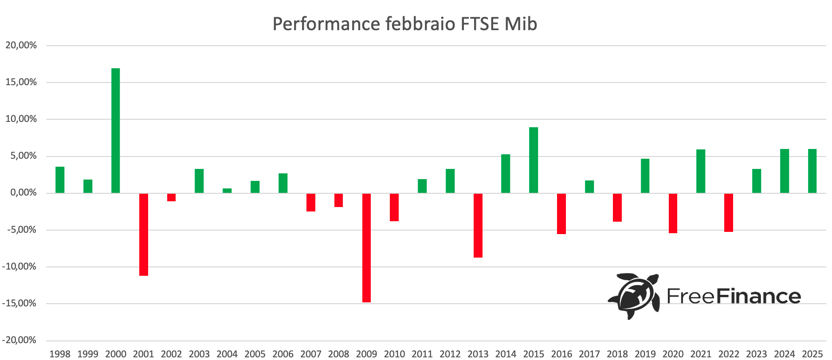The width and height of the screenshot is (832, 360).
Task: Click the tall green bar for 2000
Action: tap(115, 131)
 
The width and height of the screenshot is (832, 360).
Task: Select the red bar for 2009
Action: tap(366, 248)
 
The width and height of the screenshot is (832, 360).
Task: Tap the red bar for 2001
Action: tap(143, 235)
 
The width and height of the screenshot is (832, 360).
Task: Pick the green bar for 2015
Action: tap(534, 160)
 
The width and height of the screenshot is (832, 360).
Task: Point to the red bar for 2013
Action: tap(478, 225)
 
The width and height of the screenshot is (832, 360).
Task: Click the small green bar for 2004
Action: tap(227, 191)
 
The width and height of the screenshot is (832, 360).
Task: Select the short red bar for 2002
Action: tap(171, 197)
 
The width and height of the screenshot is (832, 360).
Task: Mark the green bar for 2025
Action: tap(812, 171)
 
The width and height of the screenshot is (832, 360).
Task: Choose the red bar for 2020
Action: tap(673, 213)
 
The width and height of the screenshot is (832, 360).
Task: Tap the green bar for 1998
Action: tap(60, 180)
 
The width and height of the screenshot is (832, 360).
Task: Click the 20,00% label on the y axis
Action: tap(21, 45)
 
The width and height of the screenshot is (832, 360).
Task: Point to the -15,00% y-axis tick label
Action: tap(19, 304)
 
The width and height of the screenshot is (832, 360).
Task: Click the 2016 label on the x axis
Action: tap(561, 354)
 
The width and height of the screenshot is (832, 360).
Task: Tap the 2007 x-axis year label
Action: tap(310, 354)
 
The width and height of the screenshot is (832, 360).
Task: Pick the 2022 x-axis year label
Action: tap(729, 354)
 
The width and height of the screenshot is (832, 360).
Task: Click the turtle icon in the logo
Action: tap(634, 296)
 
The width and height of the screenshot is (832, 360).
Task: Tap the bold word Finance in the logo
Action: tap(758, 296)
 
